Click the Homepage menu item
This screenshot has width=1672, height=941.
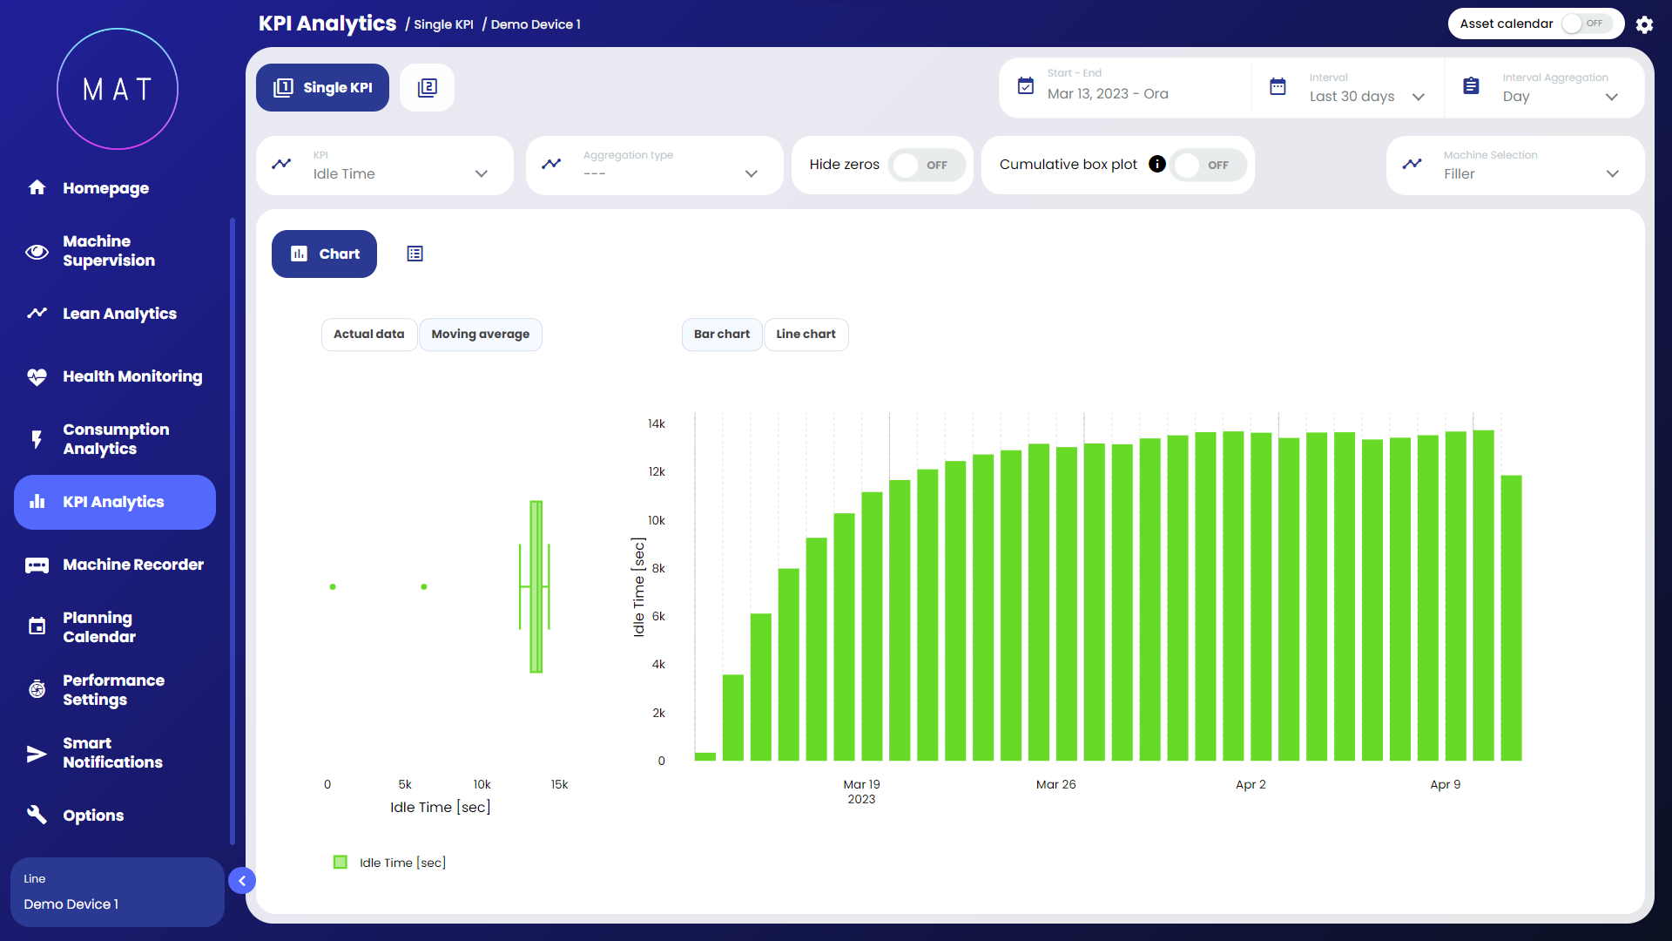click(x=104, y=188)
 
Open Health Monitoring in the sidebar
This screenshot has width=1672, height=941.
click(x=131, y=376)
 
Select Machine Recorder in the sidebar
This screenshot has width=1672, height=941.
click(x=132, y=565)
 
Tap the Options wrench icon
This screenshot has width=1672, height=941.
click(x=37, y=815)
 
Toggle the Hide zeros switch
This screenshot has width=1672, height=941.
click(x=927, y=166)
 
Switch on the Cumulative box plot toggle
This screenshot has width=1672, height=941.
click(x=1208, y=166)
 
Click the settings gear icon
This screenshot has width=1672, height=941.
click(x=1644, y=24)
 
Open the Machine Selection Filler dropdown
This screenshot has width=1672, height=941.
click(x=1515, y=166)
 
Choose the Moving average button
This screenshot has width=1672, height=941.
click(x=480, y=335)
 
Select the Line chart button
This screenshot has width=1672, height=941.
click(x=806, y=335)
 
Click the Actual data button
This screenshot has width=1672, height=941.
click(x=368, y=335)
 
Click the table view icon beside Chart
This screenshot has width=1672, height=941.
click(x=415, y=254)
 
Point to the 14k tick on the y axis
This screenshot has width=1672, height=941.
click(x=656, y=424)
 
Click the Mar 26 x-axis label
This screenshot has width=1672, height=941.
click(x=1055, y=784)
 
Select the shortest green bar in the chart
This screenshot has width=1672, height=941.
click(x=705, y=756)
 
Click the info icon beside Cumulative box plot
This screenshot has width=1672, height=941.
click(x=1156, y=165)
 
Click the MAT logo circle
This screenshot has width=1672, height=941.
click(x=118, y=89)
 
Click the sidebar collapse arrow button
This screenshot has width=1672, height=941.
click(x=242, y=881)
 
